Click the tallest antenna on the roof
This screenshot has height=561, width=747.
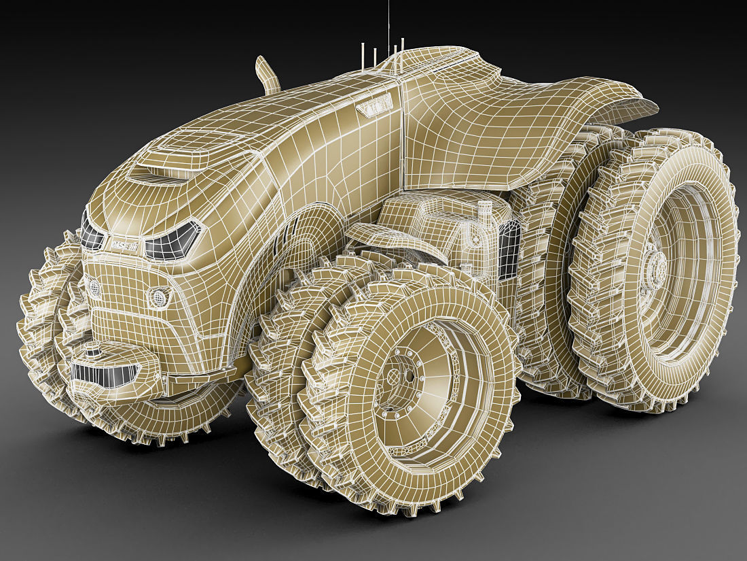pos(388,27)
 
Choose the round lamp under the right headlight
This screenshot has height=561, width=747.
pos(159,297)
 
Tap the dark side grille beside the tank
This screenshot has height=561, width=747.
pos(509,249)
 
